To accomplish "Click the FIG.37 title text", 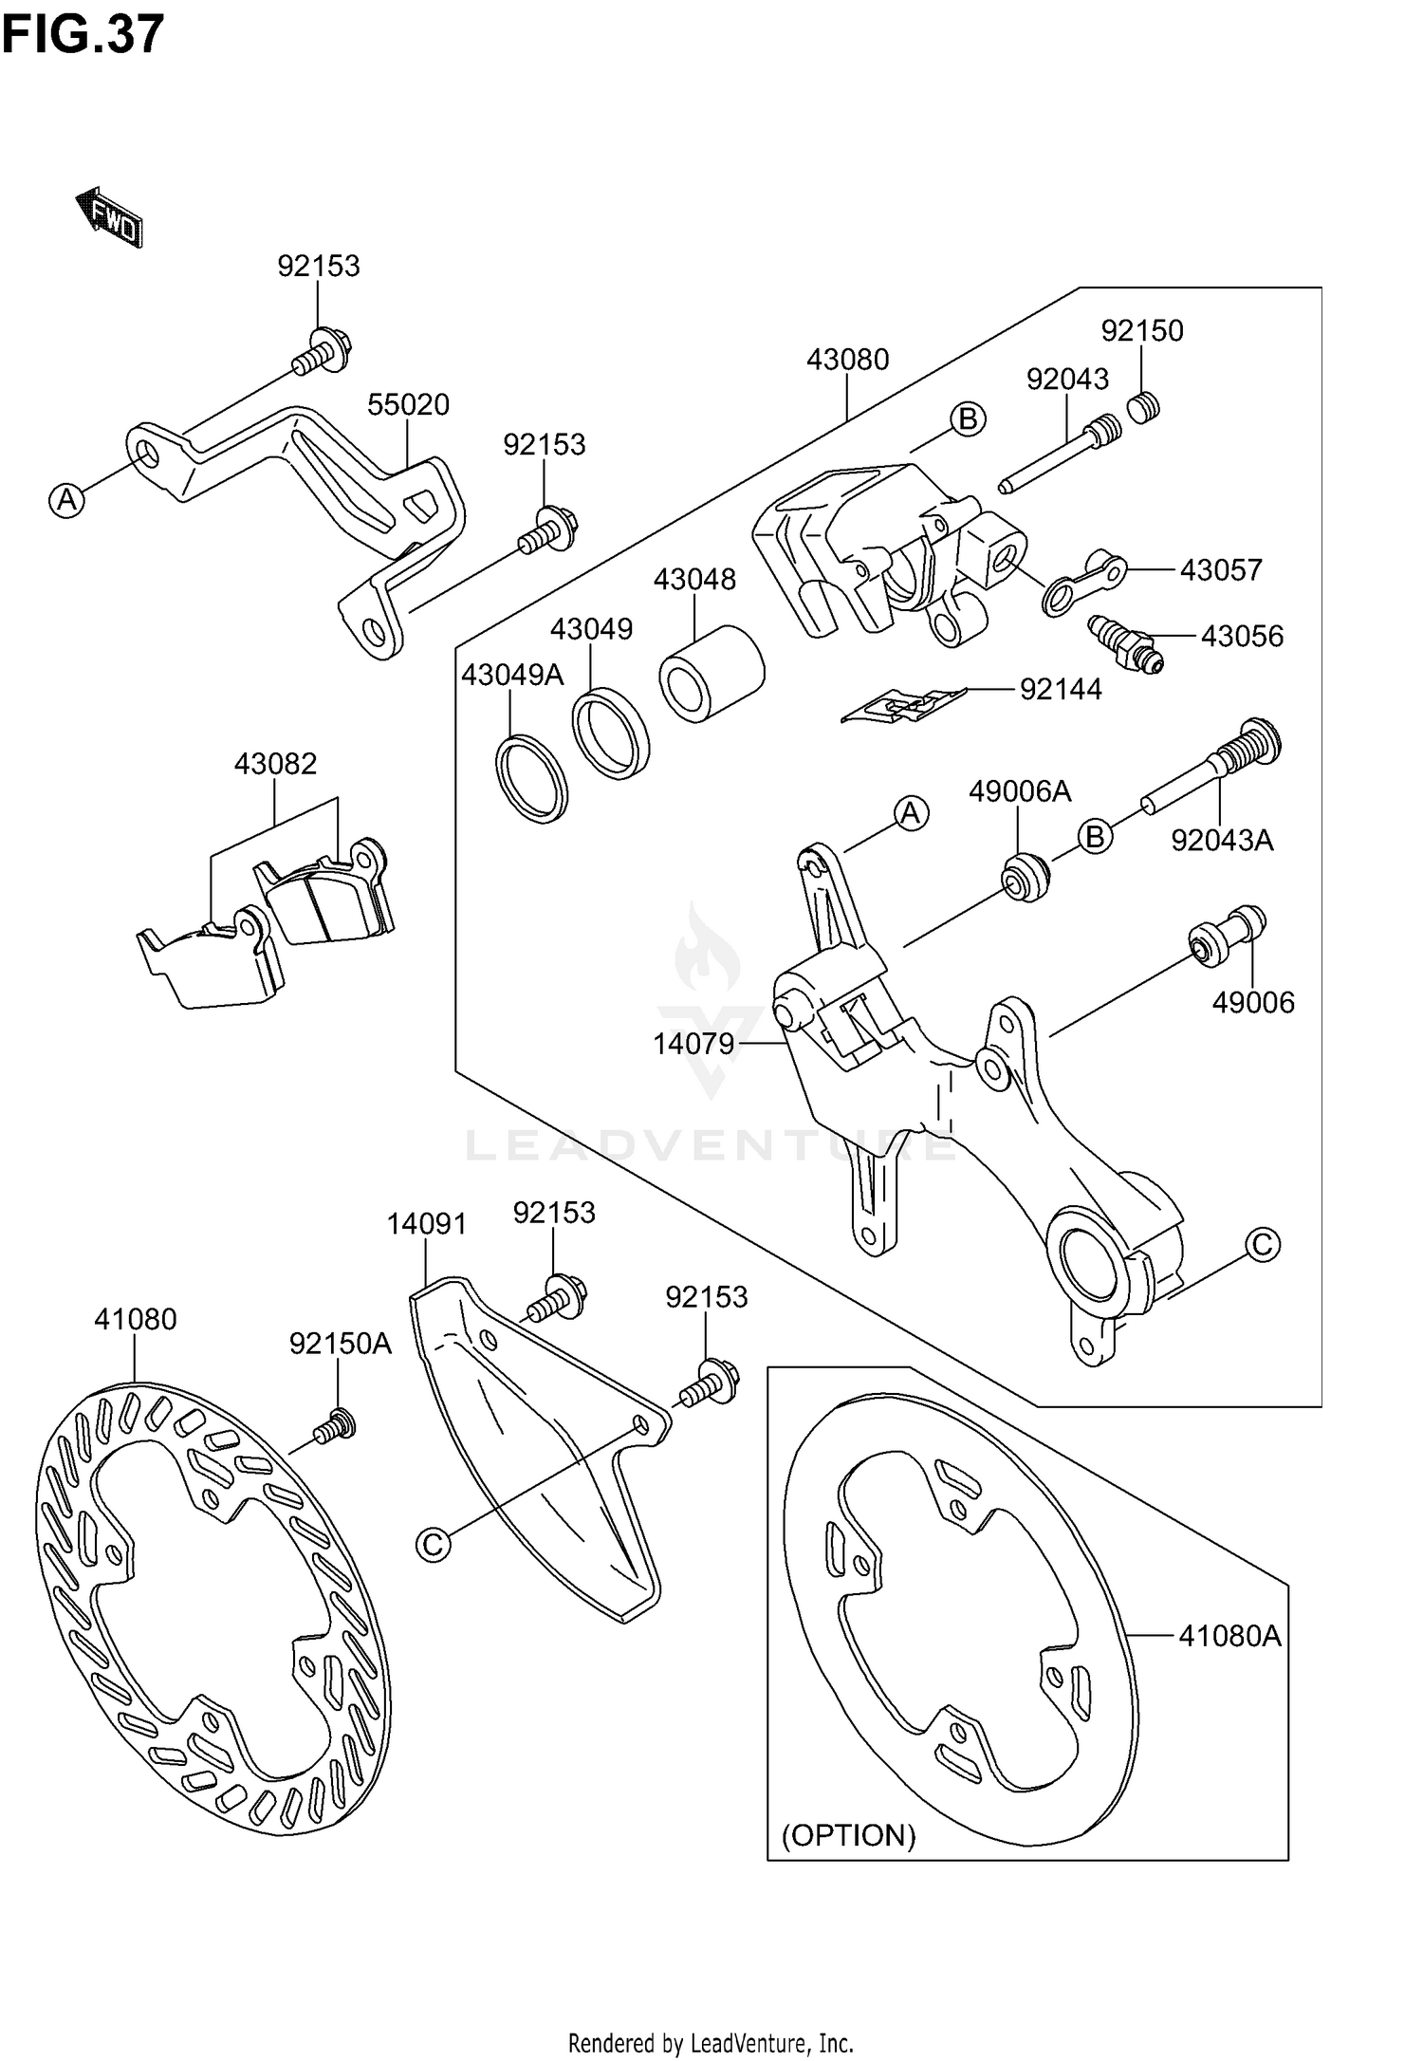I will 83,35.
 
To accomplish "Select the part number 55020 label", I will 408,405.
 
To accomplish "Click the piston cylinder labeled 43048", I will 712,674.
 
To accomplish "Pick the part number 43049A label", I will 512,675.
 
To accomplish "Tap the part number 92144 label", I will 1061,689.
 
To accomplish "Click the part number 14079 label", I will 693,1044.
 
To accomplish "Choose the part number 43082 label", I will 275,764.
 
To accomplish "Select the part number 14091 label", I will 426,1224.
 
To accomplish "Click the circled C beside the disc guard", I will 433,1545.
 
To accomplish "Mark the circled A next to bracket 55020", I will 66,499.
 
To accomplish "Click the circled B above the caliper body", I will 968,418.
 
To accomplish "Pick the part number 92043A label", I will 1222,840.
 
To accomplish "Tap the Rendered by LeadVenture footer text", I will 711,2042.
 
